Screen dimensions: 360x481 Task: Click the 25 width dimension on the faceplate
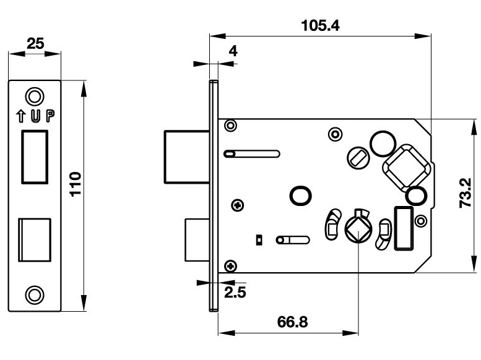(x=35, y=44)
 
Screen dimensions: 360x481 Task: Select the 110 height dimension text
(x=76, y=184)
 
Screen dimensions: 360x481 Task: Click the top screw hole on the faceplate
(x=35, y=95)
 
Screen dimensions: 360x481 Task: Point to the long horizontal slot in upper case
(x=253, y=152)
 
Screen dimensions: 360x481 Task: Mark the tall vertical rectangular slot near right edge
(x=403, y=228)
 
